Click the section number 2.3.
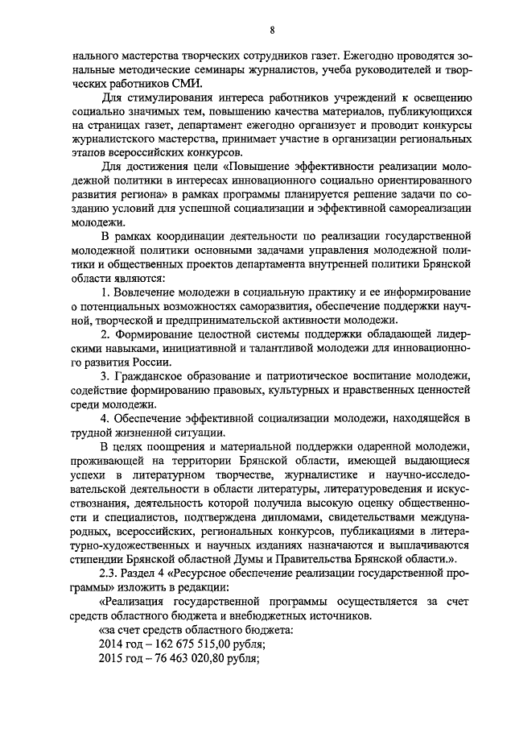(x=109, y=573)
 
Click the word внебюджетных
(x=275, y=615)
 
